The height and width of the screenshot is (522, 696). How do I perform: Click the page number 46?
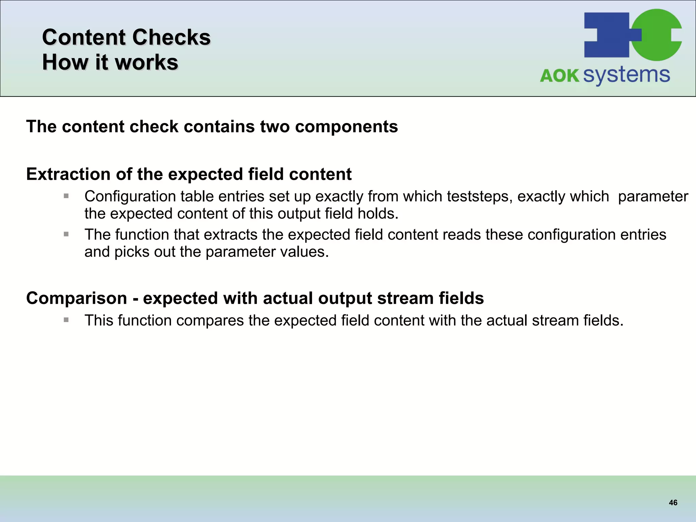click(x=673, y=503)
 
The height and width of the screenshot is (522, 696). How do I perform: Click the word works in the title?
click(x=146, y=63)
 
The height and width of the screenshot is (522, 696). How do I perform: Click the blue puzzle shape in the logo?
click(x=607, y=35)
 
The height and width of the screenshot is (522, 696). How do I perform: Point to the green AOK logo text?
click(x=559, y=75)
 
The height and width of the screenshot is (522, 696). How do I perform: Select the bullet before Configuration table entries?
click(x=66, y=196)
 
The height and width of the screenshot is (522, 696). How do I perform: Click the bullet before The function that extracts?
click(x=66, y=234)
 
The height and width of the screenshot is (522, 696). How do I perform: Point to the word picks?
click(x=132, y=252)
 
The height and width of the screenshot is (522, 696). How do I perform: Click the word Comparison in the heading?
click(x=76, y=298)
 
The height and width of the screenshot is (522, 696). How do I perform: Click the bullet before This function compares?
click(x=66, y=320)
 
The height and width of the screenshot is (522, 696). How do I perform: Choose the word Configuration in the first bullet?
click(x=129, y=197)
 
